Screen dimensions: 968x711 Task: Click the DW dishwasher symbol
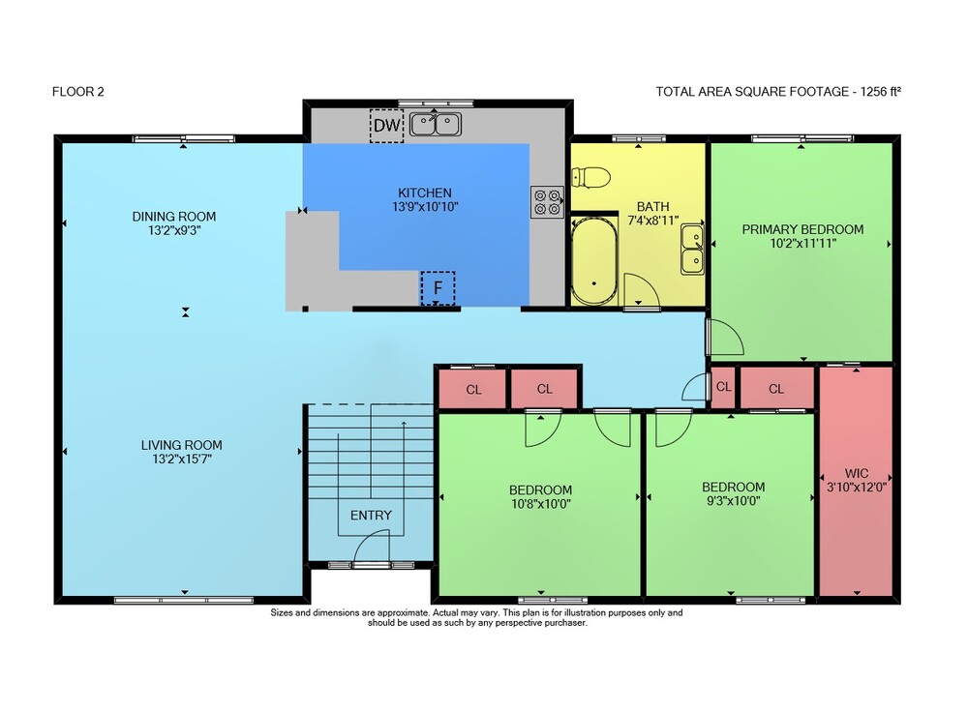(386, 126)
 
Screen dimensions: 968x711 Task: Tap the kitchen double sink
(436, 124)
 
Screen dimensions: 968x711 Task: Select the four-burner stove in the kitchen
(547, 202)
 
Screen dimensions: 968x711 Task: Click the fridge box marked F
(438, 288)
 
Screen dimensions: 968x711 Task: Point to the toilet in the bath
(590, 178)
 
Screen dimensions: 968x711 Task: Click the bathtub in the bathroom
(594, 260)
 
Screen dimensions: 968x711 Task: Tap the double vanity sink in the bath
(693, 250)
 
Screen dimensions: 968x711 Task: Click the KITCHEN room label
(425, 193)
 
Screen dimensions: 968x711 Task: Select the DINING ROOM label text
(174, 217)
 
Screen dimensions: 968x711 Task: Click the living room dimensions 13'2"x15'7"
(182, 459)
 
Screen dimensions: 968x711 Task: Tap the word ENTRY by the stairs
(371, 516)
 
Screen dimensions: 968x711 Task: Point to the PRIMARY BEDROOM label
(802, 229)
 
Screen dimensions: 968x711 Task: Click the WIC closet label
(857, 473)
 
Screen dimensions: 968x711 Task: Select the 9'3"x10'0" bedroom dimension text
(734, 500)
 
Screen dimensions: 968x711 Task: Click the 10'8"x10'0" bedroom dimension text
(541, 504)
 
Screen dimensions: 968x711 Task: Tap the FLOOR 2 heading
(78, 92)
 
